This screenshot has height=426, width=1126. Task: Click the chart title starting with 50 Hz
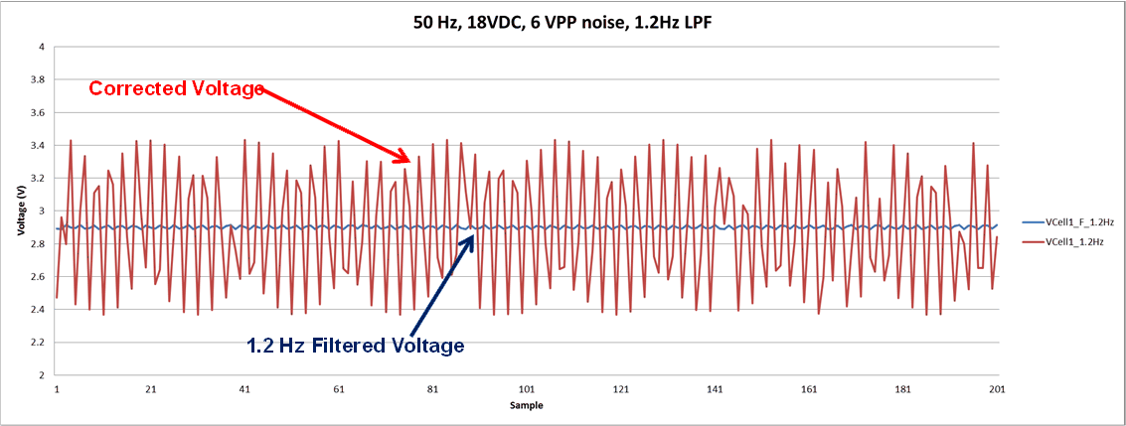tap(563, 21)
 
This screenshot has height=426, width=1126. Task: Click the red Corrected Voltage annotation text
tap(176, 88)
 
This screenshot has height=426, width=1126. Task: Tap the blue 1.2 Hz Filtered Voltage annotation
tap(356, 346)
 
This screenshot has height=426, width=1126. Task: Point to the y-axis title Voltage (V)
tap(20, 211)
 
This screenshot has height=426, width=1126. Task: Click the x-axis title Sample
tap(527, 406)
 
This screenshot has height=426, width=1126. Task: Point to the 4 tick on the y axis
tap(41, 47)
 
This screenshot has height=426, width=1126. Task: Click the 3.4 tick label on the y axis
tap(38, 146)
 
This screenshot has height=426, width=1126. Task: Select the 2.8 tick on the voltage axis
tap(38, 244)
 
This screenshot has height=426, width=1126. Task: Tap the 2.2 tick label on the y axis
tap(38, 343)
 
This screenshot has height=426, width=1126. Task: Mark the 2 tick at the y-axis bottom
tap(41, 375)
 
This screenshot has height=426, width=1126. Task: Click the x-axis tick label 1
tap(57, 389)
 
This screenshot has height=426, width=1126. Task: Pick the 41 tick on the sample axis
tap(244, 389)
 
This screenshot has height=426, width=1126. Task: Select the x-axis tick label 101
tap(527, 389)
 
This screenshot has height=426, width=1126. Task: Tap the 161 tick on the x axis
tap(809, 389)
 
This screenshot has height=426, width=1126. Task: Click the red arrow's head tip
tap(410, 161)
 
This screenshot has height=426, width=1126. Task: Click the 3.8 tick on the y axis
tap(38, 79)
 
